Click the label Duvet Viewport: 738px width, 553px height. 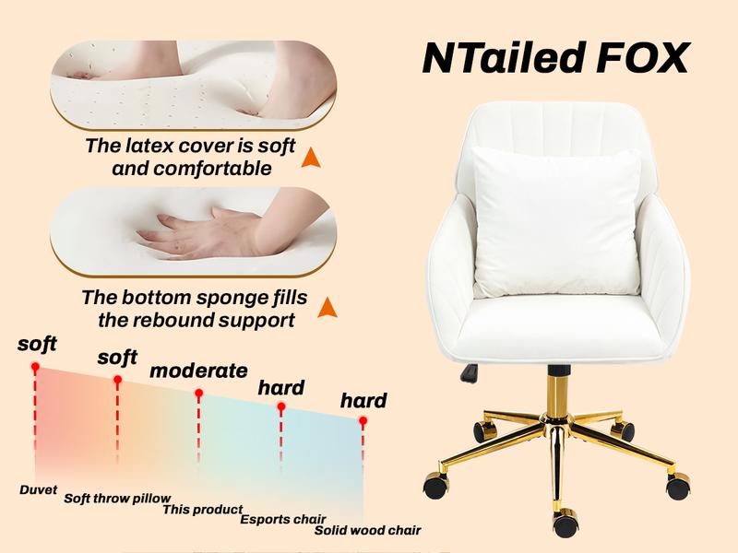(x=39, y=489)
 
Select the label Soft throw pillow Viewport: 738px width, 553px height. (x=117, y=499)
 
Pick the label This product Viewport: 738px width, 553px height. (x=203, y=509)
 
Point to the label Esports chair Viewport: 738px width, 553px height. (x=283, y=519)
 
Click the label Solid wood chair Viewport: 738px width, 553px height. (x=367, y=530)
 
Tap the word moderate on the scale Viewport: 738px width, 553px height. (x=198, y=371)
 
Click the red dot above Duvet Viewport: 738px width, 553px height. (x=35, y=367)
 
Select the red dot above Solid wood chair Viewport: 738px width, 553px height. (x=363, y=421)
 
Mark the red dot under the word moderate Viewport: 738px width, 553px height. (x=198, y=394)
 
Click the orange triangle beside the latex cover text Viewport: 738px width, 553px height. (x=311, y=159)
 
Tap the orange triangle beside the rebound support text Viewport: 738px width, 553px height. (x=325, y=311)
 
